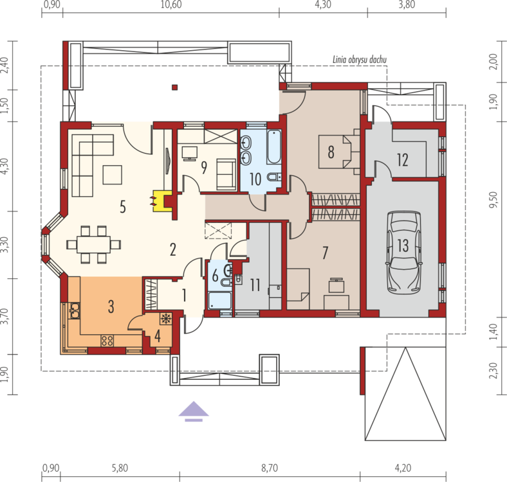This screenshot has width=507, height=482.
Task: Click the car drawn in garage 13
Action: [403, 253]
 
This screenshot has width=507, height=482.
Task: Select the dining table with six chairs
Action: [94, 245]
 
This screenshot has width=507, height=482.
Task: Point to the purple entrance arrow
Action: [194, 411]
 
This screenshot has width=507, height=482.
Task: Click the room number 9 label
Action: [204, 168]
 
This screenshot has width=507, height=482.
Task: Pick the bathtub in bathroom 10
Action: [274, 147]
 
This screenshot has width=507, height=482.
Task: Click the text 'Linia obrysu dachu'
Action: [360, 60]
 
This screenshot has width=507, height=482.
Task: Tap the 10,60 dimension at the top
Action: [171, 5]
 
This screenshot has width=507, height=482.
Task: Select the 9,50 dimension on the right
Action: [493, 200]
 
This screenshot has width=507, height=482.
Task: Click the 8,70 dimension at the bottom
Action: [270, 468]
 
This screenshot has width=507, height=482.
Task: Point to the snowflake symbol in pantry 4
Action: [166, 319]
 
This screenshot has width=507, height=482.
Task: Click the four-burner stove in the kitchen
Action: [107, 341]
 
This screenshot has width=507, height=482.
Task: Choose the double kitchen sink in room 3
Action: [75, 311]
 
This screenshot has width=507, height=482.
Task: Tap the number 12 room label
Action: [403, 160]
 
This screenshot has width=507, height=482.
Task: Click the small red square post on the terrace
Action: [174, 87]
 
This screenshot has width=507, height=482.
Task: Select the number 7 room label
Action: [326, 253]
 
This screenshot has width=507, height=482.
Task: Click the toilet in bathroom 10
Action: [274, 177]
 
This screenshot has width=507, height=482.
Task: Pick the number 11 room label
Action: [255, 285]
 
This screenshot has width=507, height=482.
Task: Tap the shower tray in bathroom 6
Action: [220, 301]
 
